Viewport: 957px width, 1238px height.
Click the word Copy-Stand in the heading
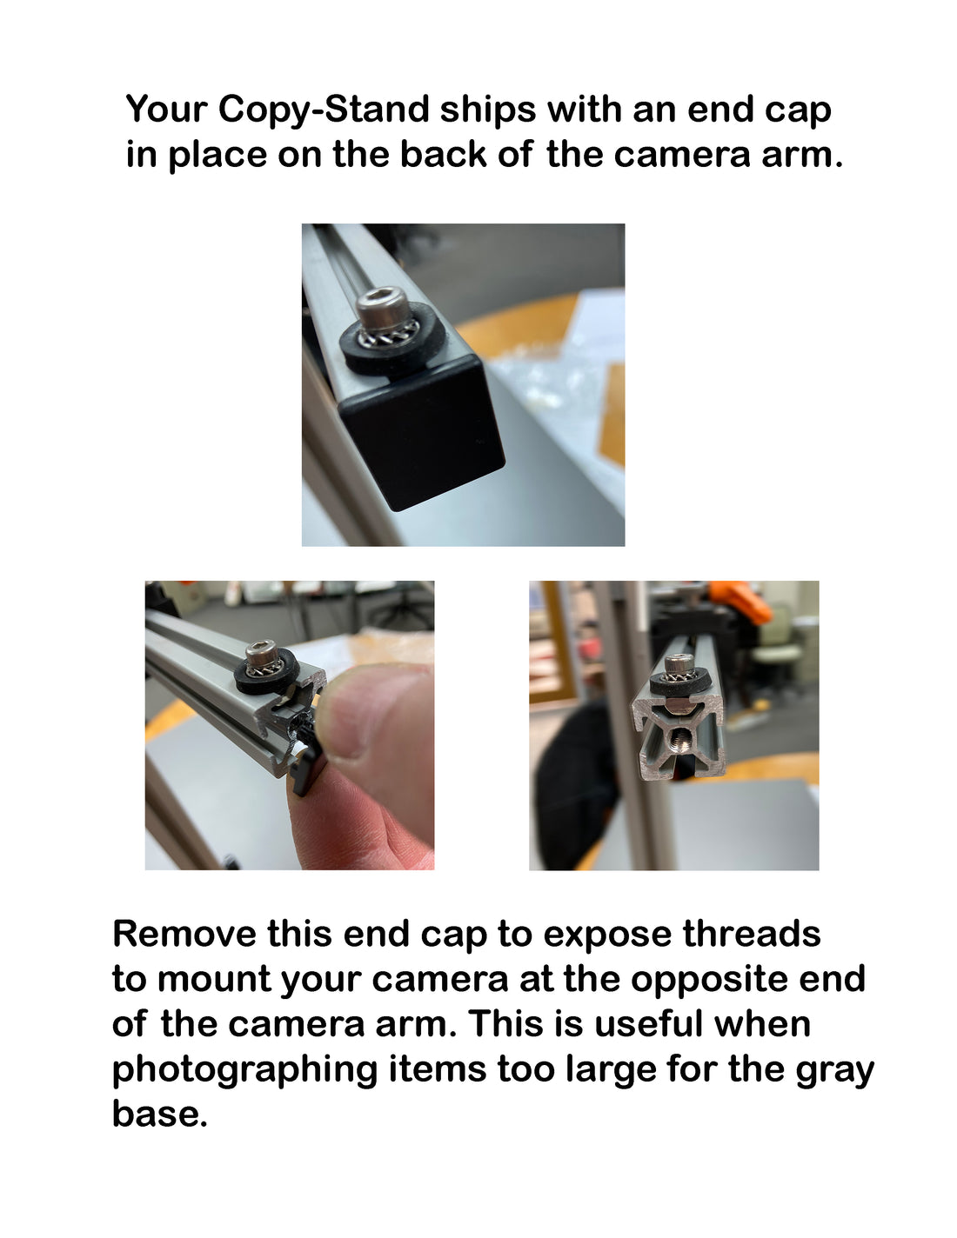pos(323,110)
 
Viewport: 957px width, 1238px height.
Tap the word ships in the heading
pos(488,110)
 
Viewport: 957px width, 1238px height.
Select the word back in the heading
pos(444,154)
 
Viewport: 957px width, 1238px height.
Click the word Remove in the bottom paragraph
pos(184,934)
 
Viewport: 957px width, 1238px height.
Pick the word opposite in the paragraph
pos(710,979)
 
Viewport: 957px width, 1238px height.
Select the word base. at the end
pos(159,1114)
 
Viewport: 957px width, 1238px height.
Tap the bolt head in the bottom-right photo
pos(679,664)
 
